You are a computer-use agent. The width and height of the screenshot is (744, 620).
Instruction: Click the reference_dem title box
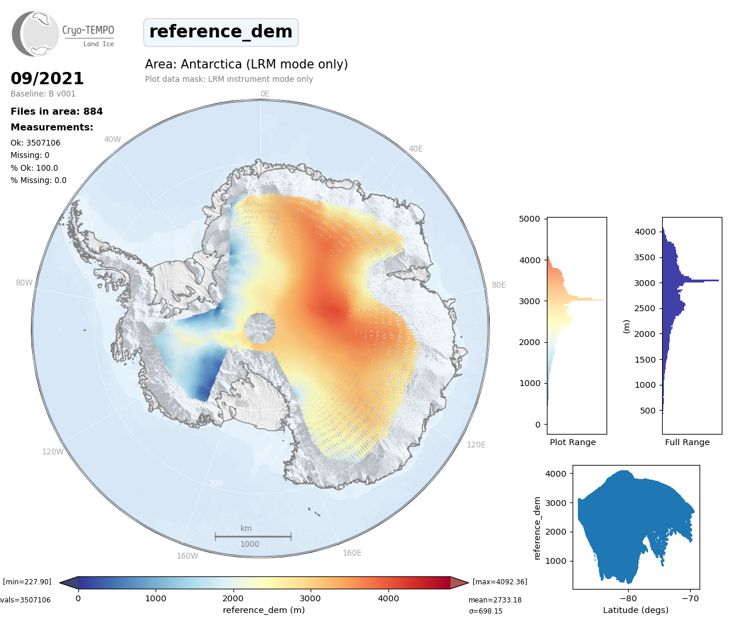tap(221, 32)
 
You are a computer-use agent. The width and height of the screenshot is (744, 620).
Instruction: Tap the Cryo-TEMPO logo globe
tap(36, 34)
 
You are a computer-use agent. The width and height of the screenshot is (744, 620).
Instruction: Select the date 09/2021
tap(47, 78)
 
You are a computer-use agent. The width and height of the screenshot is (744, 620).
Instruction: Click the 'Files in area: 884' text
tap(57, 111)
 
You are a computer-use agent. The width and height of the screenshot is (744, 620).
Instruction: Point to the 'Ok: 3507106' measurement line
tap(35, 143)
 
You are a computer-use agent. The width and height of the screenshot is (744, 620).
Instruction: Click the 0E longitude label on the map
tap(264, 94)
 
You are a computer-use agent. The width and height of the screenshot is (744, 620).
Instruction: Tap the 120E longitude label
tap(476, 445)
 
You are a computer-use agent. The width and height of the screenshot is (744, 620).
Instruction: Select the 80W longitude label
tap(24, 283)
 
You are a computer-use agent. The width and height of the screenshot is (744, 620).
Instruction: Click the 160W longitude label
tap(187, 556)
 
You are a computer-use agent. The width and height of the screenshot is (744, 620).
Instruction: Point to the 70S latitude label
tap(216, 483)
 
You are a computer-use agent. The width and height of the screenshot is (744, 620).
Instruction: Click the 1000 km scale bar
tap(253, 536)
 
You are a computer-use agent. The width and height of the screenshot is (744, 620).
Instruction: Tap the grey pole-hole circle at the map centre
tap(260, 328)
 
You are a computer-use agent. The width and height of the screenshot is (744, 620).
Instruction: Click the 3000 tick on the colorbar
tap(310, 598)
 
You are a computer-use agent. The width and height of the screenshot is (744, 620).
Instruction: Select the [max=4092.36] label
tap(500, 581)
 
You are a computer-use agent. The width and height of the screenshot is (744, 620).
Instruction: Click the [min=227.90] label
tap(27, 581)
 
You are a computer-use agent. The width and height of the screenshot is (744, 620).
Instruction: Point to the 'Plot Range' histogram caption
tap(573, 442)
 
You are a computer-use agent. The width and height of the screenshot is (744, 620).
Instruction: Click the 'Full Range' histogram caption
tap(687, 442)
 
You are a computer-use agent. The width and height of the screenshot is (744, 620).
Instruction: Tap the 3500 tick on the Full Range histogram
tap(645, 257)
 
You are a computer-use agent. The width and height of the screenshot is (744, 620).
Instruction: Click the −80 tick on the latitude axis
tap(628, 598)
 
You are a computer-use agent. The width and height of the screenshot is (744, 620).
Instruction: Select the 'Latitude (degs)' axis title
tap(636, 610)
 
